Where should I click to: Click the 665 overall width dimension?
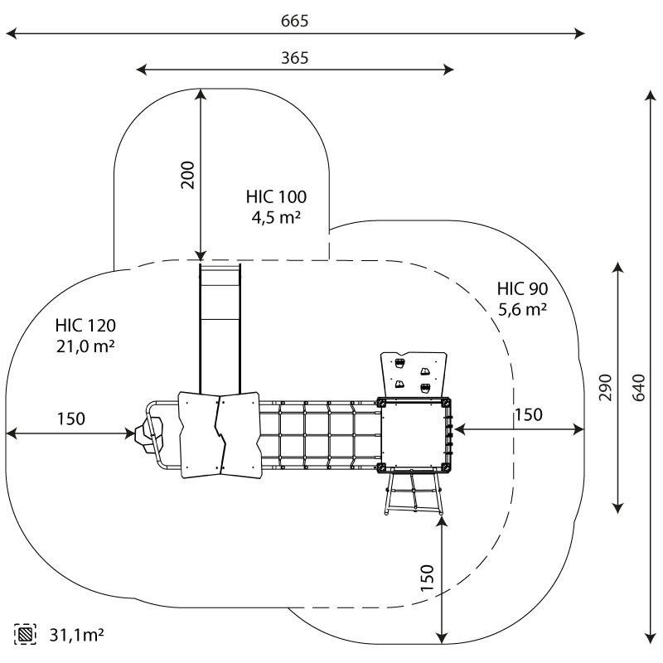tap(294, 21)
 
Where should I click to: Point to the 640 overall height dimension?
tap(637, 385)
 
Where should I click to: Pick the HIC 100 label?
tap(276, 197)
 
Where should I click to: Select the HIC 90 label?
tap(522, 289)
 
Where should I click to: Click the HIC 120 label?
tap(85, 325)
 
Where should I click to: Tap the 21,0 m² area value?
tap(85, 346)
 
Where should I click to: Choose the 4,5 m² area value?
tap(276, 218)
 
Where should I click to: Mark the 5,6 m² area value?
tap(522, 310)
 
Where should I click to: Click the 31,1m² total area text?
tap(76, 636)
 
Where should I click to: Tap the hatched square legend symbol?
tap(25, 636)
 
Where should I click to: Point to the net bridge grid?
tap(319, 434)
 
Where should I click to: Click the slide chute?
tap(220, 323)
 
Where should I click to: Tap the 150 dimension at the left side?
tap(70, 419)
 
